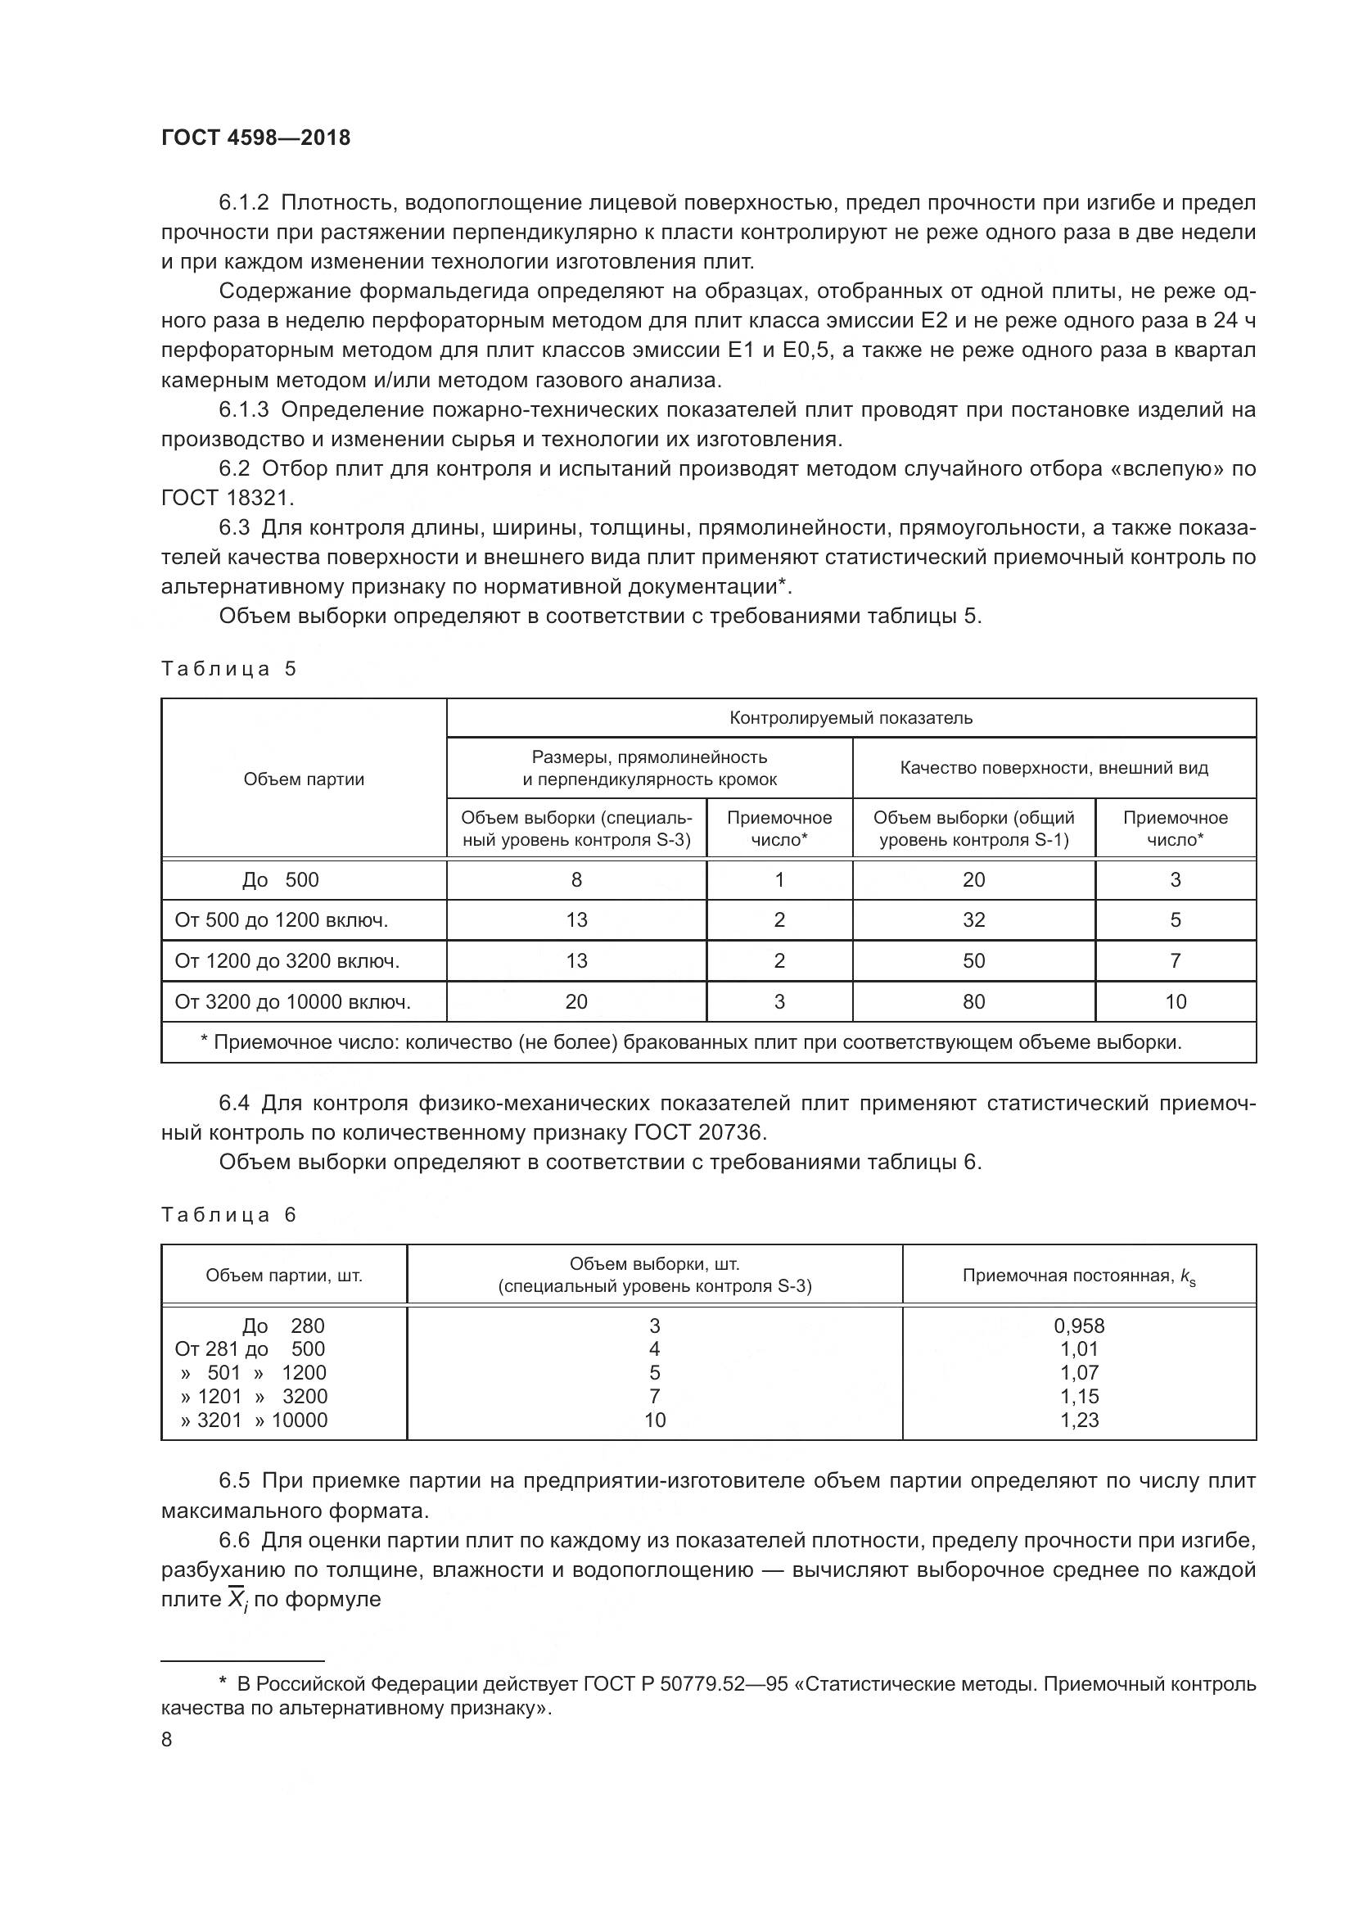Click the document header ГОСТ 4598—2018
coord(255,138)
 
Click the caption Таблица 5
coord(228,669)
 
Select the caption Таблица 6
coord(228,1214)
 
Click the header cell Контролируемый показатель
coord(851,718)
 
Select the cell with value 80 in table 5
coord(973,1001)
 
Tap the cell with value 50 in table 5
coord(973,961)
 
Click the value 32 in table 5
coord(973,920)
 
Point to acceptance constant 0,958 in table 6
coord(1079,1326)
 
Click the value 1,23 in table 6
coord(1079,1420)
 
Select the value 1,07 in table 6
coord(1079,1373)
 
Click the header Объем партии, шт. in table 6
coord(283,1276)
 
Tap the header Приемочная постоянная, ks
coord(1079,1276)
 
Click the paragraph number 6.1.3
coord(243,409)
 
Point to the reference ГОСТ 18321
coord(227,498)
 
